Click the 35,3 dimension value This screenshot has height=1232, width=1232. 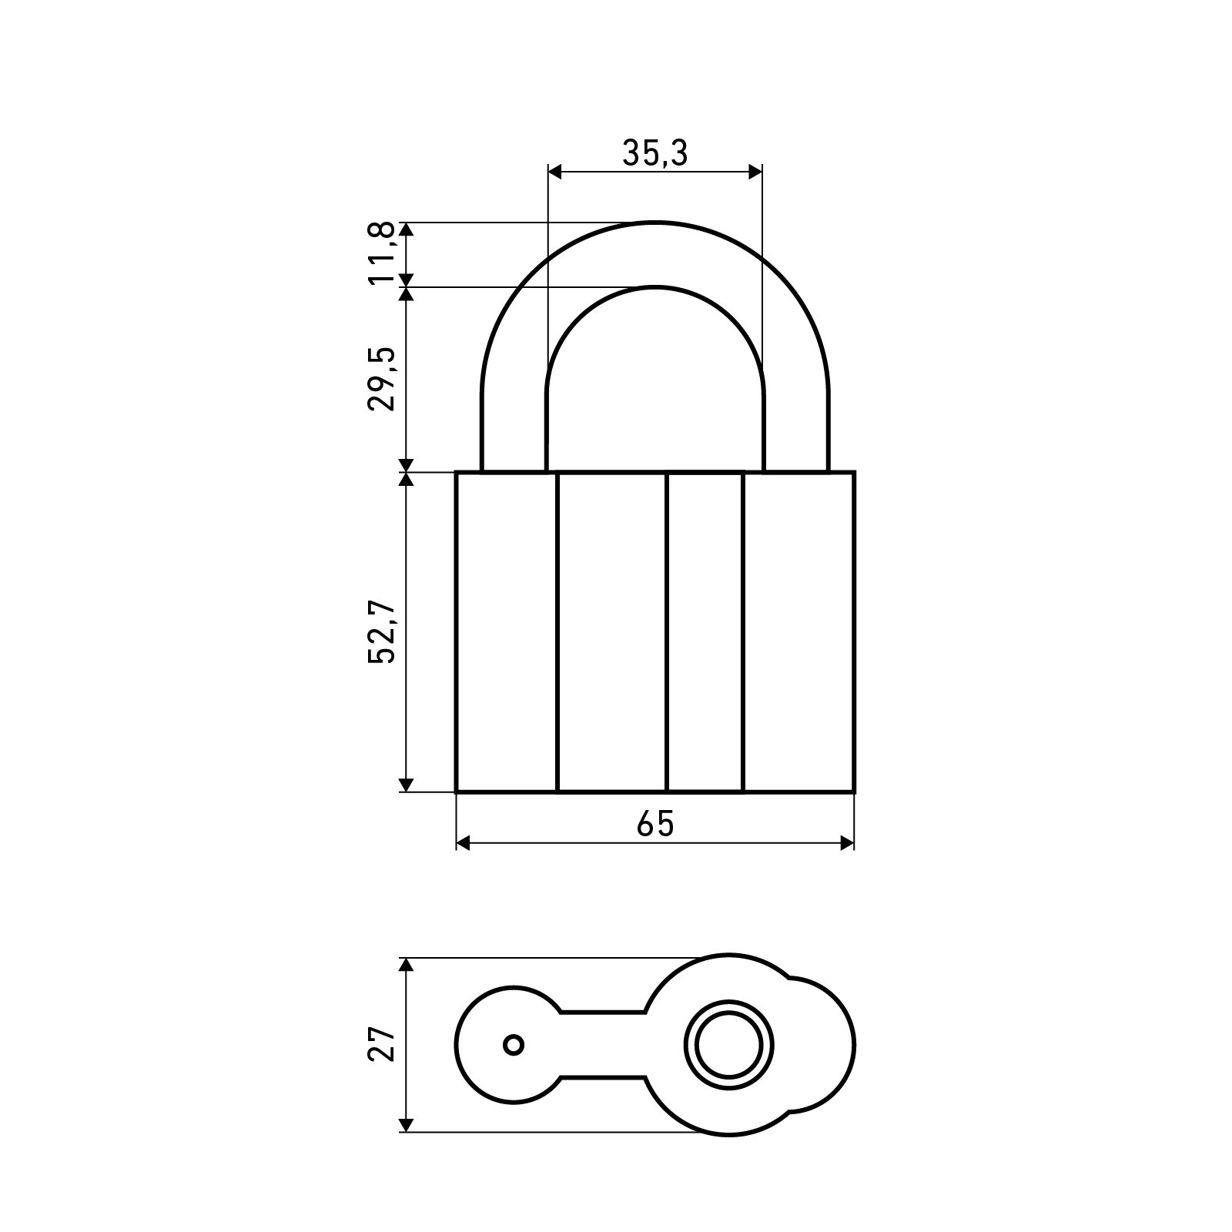(654, 154)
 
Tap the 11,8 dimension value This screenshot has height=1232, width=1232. (383, 253)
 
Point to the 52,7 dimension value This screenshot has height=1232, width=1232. (383, 631)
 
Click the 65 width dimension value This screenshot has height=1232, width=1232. (655, 824)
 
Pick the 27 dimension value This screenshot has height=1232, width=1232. (383, 1044)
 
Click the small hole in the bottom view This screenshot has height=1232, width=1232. (514, 1045)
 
